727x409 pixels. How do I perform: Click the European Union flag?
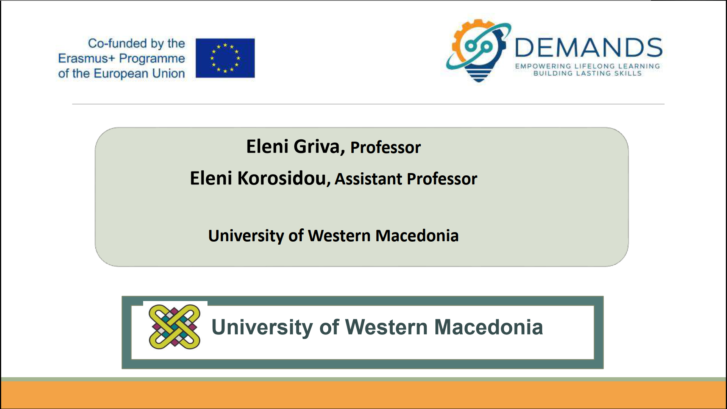pyautogui.click(x=225, y=58)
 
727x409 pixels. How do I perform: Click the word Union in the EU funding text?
pyautogui.click(x=168, y=73)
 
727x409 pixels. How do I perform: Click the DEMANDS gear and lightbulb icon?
pyautogui.click(x=479, y=50)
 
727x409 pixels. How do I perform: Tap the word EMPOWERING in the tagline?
pyautogui.click(x=543, y=66)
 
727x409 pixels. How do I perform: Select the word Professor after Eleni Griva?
pyautogui.click(x=385, y=148)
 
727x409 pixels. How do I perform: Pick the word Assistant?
pyautogui.click(x=368, y=179)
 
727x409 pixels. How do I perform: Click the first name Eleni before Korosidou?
pyautogui.click(x=211, y=178)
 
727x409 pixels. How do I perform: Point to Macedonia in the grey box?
pyautogui.click(x=417, y=236)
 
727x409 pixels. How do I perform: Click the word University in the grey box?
pyautogui.click(x=246, y=236)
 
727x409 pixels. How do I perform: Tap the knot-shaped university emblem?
pyautogui.click(x=175, y=326)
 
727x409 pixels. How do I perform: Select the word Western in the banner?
pyautogui.click(x=386, y=327)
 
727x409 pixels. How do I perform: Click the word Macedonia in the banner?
pyautogui.click(x=488, y=327)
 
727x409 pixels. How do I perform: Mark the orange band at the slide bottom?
pyautogui.click(x=363, y=395)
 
